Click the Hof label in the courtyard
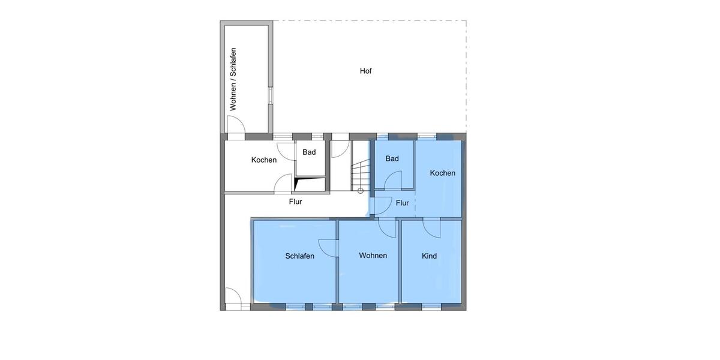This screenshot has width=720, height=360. [x=365, y=71]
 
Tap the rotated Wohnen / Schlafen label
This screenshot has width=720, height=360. [x=233, y=79]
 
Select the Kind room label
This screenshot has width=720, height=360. [x=429, y=256]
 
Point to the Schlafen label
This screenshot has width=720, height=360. [x=299, y=256]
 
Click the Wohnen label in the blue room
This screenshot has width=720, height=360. [x=373, y=256]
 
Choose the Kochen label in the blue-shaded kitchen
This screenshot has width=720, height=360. [x=442, y=173]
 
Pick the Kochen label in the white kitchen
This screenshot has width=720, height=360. [x=264, y=160]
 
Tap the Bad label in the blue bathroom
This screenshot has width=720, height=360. [x=392, y=158]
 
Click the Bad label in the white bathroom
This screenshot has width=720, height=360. [x=309, y=152]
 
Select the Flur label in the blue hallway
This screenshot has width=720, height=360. [x=402, y=203]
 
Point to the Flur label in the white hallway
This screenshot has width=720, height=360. [x=295, y=202]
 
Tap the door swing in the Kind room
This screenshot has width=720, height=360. [x=431, y=228]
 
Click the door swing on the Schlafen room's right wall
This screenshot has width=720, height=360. [x=328, y=247]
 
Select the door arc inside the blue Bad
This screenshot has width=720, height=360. [x=393, y=180]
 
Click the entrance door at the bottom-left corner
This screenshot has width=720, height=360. [x=233, y=298]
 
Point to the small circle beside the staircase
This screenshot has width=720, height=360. [x=360, y=191]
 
